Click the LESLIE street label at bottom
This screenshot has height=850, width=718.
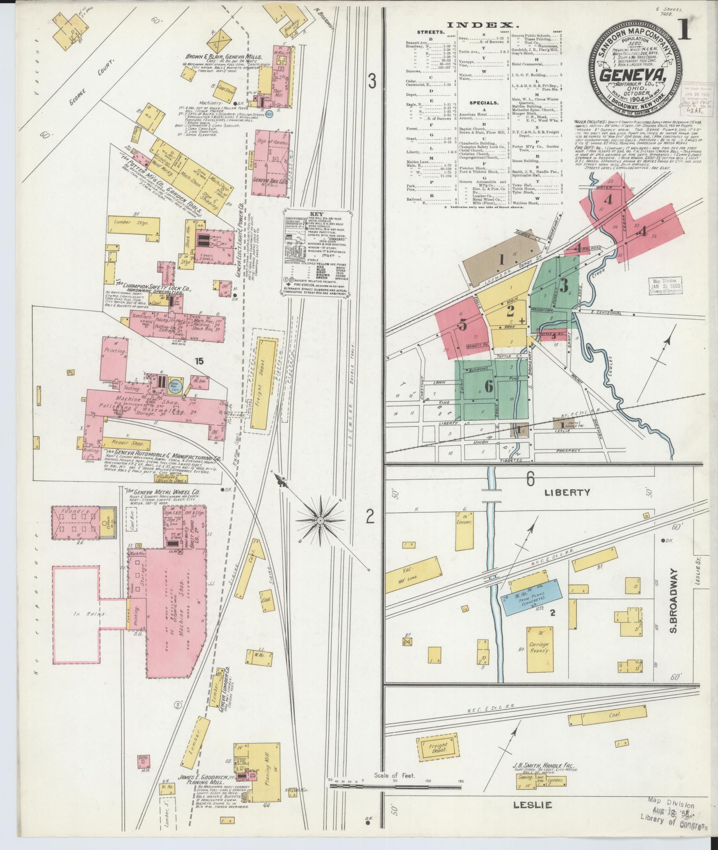point(533,805)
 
